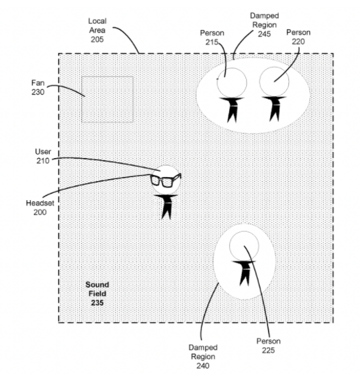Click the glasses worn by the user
point(166,180)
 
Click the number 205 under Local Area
point(97,40)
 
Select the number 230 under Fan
point(38,92)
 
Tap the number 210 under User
point(43,161)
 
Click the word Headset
point(40,203)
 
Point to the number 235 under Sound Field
point(97,303)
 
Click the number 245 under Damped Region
point(265,34)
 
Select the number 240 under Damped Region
point(203,366)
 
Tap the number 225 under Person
point(269,350)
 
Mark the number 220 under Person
point(299,42)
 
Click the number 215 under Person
point(212,42)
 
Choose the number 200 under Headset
point(40,213)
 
